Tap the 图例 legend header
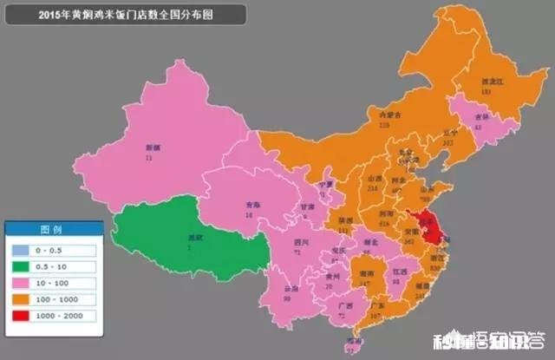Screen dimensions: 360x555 pos(54,229)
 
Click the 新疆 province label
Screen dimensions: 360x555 pos(153,149)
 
